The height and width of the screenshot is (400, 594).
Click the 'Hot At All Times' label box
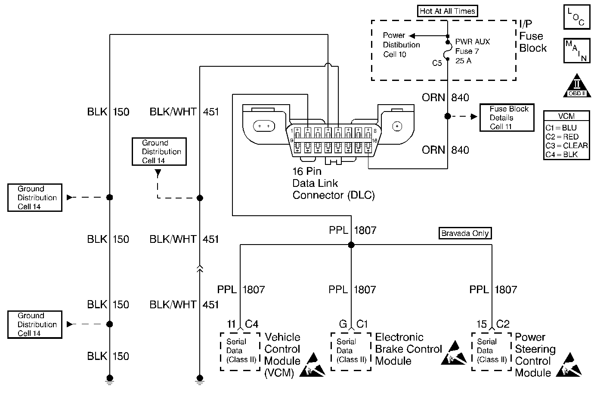pyautogui.click(x=447, y=11)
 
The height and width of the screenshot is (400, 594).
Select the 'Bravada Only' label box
pyautogui.click(x=465, y=233)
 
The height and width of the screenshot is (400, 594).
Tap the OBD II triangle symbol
pyautogui.click(x=577, y=86)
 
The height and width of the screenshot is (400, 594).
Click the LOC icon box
pyautogui.click(x=576, y=17)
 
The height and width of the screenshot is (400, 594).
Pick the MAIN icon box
pyautogui.click(x=576, y=51)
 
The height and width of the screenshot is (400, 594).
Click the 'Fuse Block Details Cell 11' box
pyautogui.click(x=507, y=118)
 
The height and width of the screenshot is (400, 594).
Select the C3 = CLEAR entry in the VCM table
pyautogui.click(x=566, y=146)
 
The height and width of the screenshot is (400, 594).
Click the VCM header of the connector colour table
pyautogui.click(x=566, y=116)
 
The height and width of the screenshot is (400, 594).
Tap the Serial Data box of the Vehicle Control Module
pyautogui.click(x=240, y=351)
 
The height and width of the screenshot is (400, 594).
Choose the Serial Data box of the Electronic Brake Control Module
pyautogui.click(x=351, y=351)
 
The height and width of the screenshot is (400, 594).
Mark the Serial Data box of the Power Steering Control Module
pyautogui.click(x=492, y=351)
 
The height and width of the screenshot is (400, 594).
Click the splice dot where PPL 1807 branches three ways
pyautogui.click(x=351, y=245)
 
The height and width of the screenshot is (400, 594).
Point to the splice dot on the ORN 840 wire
pyautogui.click(x=448, y=116)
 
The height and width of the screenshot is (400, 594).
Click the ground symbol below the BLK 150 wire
pyautogui.click(x=110, y=379)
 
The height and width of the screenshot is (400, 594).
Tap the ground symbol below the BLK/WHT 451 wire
pyautogui.click(x=200, y=379)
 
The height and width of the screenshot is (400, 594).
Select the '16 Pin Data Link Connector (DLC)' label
pyautogui.click(x=333, y=183)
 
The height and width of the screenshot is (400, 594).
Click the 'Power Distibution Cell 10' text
pyautogui.click(x=401, y=45)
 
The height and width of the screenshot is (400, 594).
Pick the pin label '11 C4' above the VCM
pyautogui.click(x=242, y=324)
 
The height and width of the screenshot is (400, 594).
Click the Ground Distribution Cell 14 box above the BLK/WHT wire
pyautogui.click(x=159, y=152)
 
